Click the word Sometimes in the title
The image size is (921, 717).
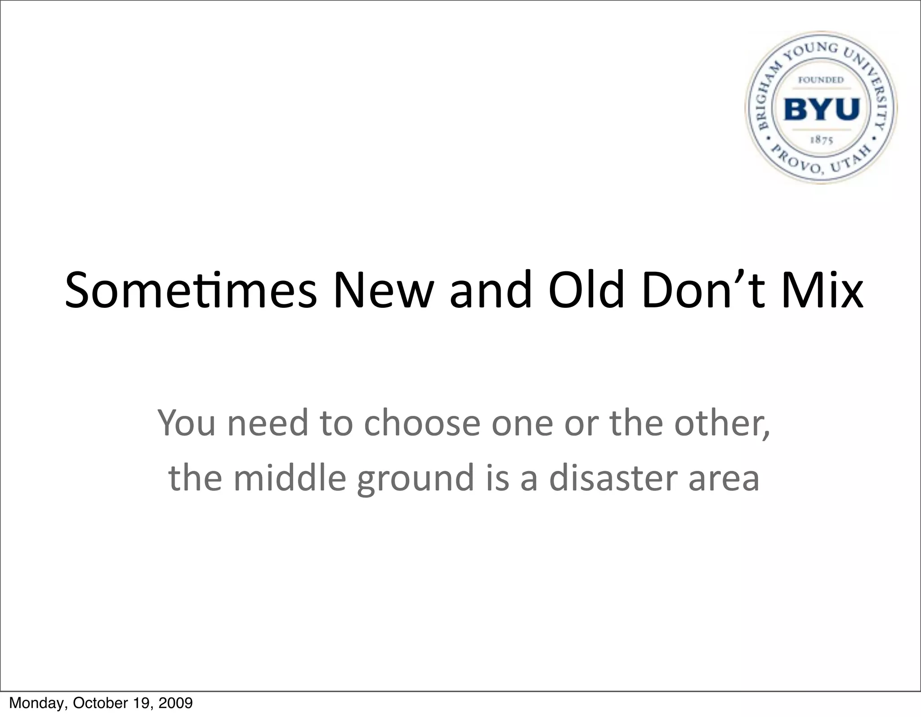(x=191, y=290)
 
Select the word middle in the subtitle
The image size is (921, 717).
(x=290, y=478)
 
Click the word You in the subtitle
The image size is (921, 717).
(x=186, y=423)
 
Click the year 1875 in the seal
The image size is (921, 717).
(x=822, y=140)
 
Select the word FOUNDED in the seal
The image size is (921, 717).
(x=821, y=80)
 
